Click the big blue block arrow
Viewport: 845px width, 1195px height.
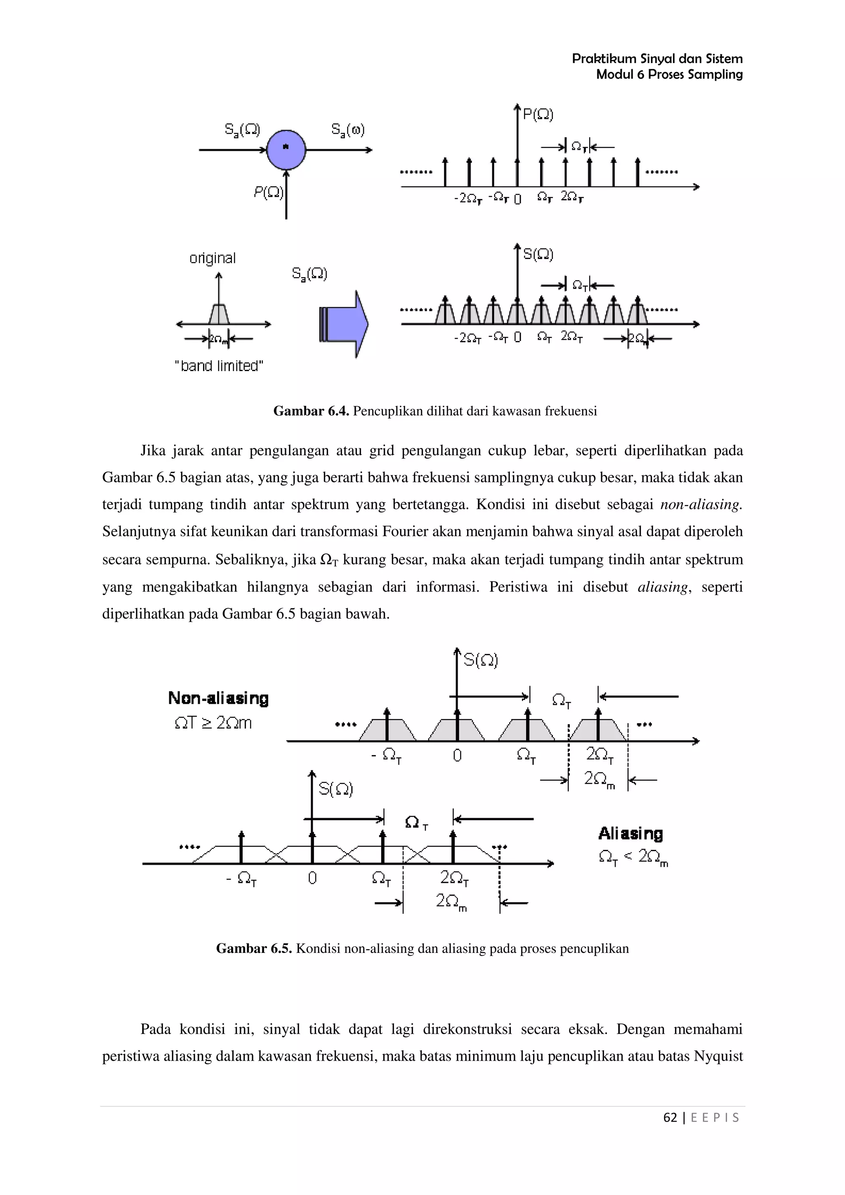tap(344, 324)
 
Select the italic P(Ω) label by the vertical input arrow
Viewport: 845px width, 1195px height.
tap(269, 193)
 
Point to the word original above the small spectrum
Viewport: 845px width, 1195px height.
tap(212, 258)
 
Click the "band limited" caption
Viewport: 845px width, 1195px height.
tap(219, 366)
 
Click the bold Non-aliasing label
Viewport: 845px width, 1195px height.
tap(218, 698)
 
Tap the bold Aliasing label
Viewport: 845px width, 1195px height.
tap(630, 833)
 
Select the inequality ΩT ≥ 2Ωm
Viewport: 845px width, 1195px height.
tap(213, 723)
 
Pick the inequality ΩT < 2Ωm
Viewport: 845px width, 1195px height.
tap(633, 857)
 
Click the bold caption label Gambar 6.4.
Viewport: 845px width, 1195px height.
tap(311, 411)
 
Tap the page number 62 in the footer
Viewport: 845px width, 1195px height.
tap(670, 1117)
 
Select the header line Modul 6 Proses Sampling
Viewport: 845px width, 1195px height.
tap(669, 74)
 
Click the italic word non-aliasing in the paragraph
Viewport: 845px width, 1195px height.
tap(700, 504)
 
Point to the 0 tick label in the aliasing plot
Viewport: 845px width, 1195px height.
tap(312, 878)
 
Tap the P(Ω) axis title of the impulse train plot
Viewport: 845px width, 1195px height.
tap(538, 115)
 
